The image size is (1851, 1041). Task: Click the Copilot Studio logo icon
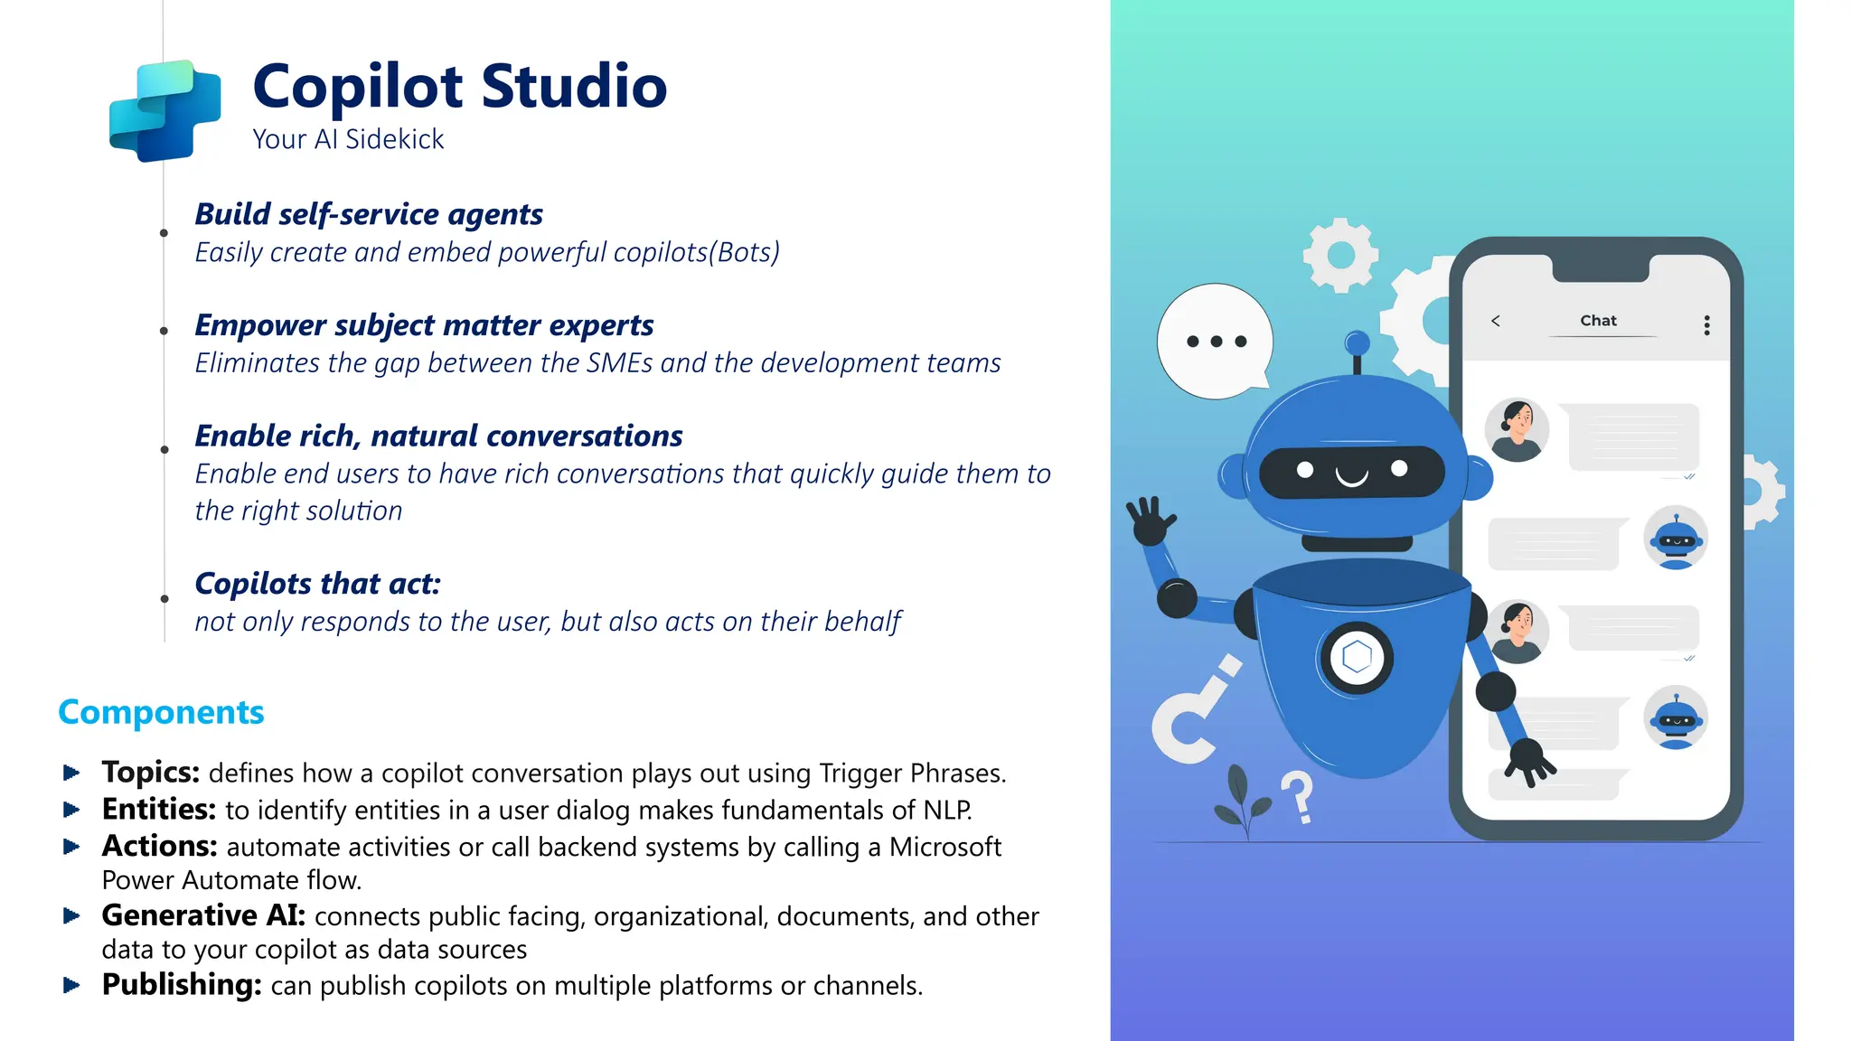[165, 110]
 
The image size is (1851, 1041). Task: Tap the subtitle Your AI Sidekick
[348, 139]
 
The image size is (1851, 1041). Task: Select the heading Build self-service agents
[369, 214]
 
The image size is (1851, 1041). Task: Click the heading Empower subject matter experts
[424, 325]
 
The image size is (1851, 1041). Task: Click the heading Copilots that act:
[317, 584]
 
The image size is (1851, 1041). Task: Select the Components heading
[161, 712]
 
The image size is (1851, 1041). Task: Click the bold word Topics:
[150, 773]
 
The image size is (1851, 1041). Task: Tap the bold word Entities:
[158, 810]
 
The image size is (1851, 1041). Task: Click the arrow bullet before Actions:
[71, 847]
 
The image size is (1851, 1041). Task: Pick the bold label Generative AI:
[203, 915]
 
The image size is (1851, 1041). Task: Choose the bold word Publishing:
[181, 985]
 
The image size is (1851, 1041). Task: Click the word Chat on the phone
[1598, 321]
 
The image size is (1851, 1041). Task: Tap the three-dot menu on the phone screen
[1706, 325]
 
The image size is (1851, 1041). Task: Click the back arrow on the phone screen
[1496, 321]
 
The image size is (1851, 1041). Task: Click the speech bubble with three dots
[1215, 342]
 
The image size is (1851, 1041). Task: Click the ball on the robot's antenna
[1357, 342]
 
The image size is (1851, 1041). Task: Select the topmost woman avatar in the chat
[1517, 430]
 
